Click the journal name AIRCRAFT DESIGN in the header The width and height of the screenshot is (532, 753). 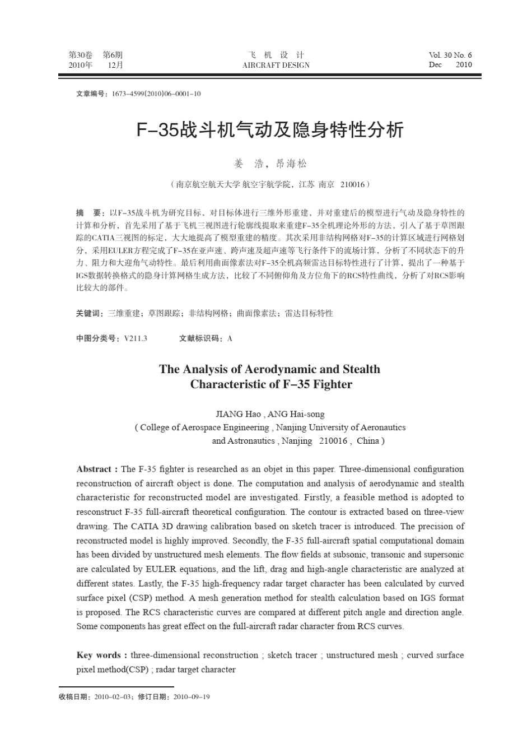pyautogui.click(x=276, y=65)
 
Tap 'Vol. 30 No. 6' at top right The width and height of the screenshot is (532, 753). pyautogui.click(x=450, y=55)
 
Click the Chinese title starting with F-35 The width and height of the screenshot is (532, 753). pyautogui.click(x=270, y=130)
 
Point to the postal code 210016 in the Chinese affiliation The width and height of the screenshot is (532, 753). pyautogui.click(x=352, y=184)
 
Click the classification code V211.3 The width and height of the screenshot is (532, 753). pyautogui.click(x=136, y=338)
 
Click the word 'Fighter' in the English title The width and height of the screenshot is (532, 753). pyautogui.click(x=332, y=384)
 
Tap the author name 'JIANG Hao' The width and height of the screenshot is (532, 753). pyautogui.click(x=238, y=414)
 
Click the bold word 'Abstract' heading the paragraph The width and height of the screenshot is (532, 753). pyautogui.click(x=94, y=469)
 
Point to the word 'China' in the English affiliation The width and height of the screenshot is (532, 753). pyautogui.click(x=367, y=440)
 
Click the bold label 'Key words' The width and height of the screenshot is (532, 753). pyautogui.click(x=98, y=655)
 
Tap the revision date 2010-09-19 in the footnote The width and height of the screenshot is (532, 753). pyautogui.click(x=192, y=697)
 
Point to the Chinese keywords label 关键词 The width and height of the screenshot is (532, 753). pyautogui.click(x=90, y=313)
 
